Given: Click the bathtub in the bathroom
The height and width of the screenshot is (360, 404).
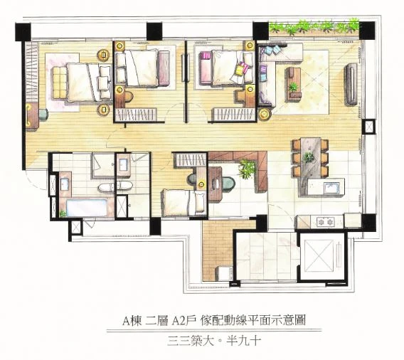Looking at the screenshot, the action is (87, 208).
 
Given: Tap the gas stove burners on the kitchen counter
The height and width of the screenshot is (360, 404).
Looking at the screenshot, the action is (326, 221).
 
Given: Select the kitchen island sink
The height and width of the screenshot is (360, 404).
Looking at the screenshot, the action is (331, 187).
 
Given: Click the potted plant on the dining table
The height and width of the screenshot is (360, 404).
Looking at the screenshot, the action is (308, 157).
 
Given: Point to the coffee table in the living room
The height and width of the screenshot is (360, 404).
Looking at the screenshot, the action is (293, 83).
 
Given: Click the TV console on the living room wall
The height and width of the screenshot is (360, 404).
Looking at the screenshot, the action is (351, 84).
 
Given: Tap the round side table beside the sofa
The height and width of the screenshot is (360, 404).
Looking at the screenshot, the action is (265, 115).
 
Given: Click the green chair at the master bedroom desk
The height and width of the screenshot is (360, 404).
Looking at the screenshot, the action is (44, 114).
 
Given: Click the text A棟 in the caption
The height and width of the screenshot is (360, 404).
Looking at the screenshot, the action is (132, 321).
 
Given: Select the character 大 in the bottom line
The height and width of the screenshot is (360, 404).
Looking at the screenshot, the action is (208, 342).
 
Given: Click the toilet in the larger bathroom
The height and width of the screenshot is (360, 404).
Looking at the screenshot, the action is (106, 187).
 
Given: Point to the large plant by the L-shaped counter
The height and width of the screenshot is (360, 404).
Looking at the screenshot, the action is (247, 169).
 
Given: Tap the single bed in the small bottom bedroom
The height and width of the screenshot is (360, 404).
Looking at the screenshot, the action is (184, 203).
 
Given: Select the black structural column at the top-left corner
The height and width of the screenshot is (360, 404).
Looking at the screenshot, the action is (23, 32).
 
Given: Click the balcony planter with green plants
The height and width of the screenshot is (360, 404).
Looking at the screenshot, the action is (314, 27).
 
